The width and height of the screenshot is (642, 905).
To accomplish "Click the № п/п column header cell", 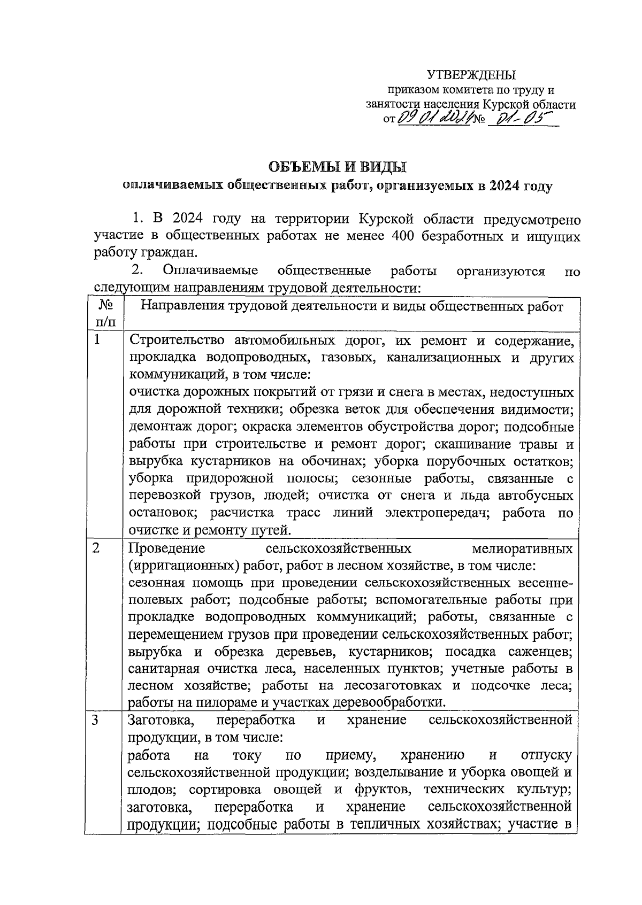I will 104,314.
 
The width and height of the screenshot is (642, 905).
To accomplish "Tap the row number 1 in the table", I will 97,341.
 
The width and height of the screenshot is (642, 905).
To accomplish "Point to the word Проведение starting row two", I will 167,548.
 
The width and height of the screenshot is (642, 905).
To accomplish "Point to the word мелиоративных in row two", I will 523,548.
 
